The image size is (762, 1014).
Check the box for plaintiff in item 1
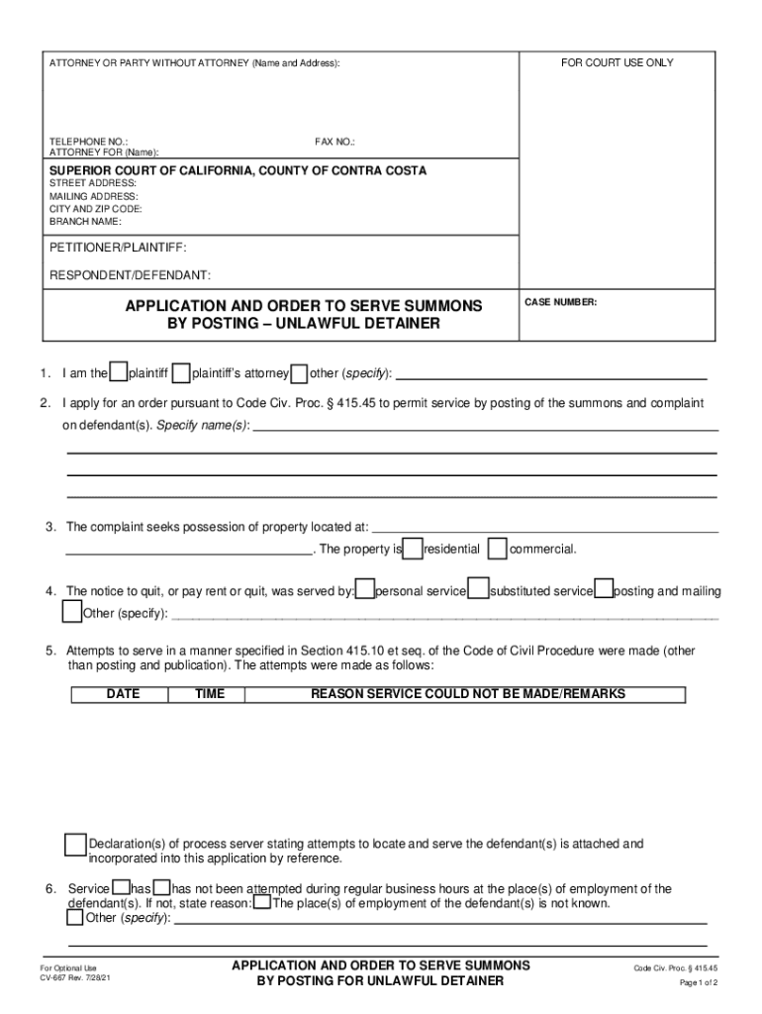pyautogui.click(x=119, y=373)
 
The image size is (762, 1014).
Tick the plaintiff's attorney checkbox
pyautogui.click(x=181, y=373)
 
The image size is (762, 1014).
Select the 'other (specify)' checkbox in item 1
pyautogui.click(x=300, y=373)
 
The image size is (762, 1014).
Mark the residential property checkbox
pyautogui.click(x=414, y=549)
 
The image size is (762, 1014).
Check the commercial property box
pyautogui.click(x=499, y=549)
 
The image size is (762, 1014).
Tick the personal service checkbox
pyautogui.click(x=365, y=590)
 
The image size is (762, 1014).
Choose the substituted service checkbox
pyautogui.click(x=479, y=590)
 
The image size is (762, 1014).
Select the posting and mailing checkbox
pyautogui.click(x=604, y=590)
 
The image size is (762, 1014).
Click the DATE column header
pyautogui.click(x=123, y=694)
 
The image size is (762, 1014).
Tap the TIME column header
pyautogui.click(x=210, y=694)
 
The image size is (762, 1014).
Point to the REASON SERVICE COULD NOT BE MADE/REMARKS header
pyautogui.click(x=468, y=694)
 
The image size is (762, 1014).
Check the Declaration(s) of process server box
pyautogui.click(x=75, y=845)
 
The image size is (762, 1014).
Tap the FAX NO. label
pyautogui.click(x=334, y=142)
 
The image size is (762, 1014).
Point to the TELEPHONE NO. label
pyautogui.click(x=88, y=142)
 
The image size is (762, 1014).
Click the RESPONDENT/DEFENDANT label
pyautogui.click(x=130, y=274)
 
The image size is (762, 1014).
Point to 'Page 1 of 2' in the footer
pyautogui.click(x=698, y=982)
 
